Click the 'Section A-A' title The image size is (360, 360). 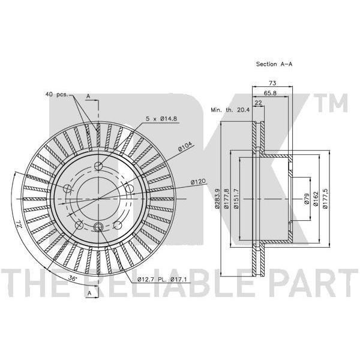(x=274, y=64)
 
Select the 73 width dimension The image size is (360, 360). (x=272, y=83)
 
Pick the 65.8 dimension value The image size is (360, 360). (x=270, y=93)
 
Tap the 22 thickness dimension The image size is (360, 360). (x=259, y=103)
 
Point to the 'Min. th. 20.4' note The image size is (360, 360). (x=230, y=110)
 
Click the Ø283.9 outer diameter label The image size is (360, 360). (x=217, y=199)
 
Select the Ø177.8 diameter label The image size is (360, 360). (x=226, y=199)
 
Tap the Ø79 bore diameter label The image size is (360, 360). (x=307, y=199)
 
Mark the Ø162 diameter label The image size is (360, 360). (x=316, y=199)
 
